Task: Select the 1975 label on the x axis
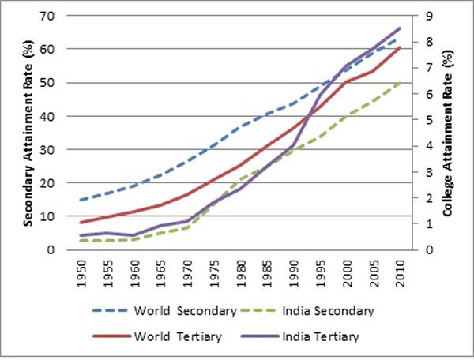click(213, 272)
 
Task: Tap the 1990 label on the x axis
click(293, 272)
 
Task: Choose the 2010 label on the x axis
click(401, 272)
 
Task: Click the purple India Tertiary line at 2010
click(401, 28)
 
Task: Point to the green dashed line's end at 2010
click(401, 81)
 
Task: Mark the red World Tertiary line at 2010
click(401, 48)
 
